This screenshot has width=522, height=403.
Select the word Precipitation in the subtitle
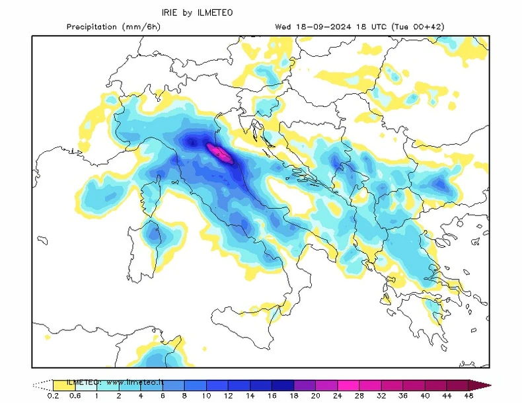(93, 27)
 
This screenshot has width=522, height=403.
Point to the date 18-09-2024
(318, 27)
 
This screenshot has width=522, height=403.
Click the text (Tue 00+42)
(420, 27)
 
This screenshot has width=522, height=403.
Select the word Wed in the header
(283, 27)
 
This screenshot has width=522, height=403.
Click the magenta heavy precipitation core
(219, 153)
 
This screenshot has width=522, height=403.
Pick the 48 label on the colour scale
(468, 396)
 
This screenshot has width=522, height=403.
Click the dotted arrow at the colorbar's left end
(42, 385)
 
